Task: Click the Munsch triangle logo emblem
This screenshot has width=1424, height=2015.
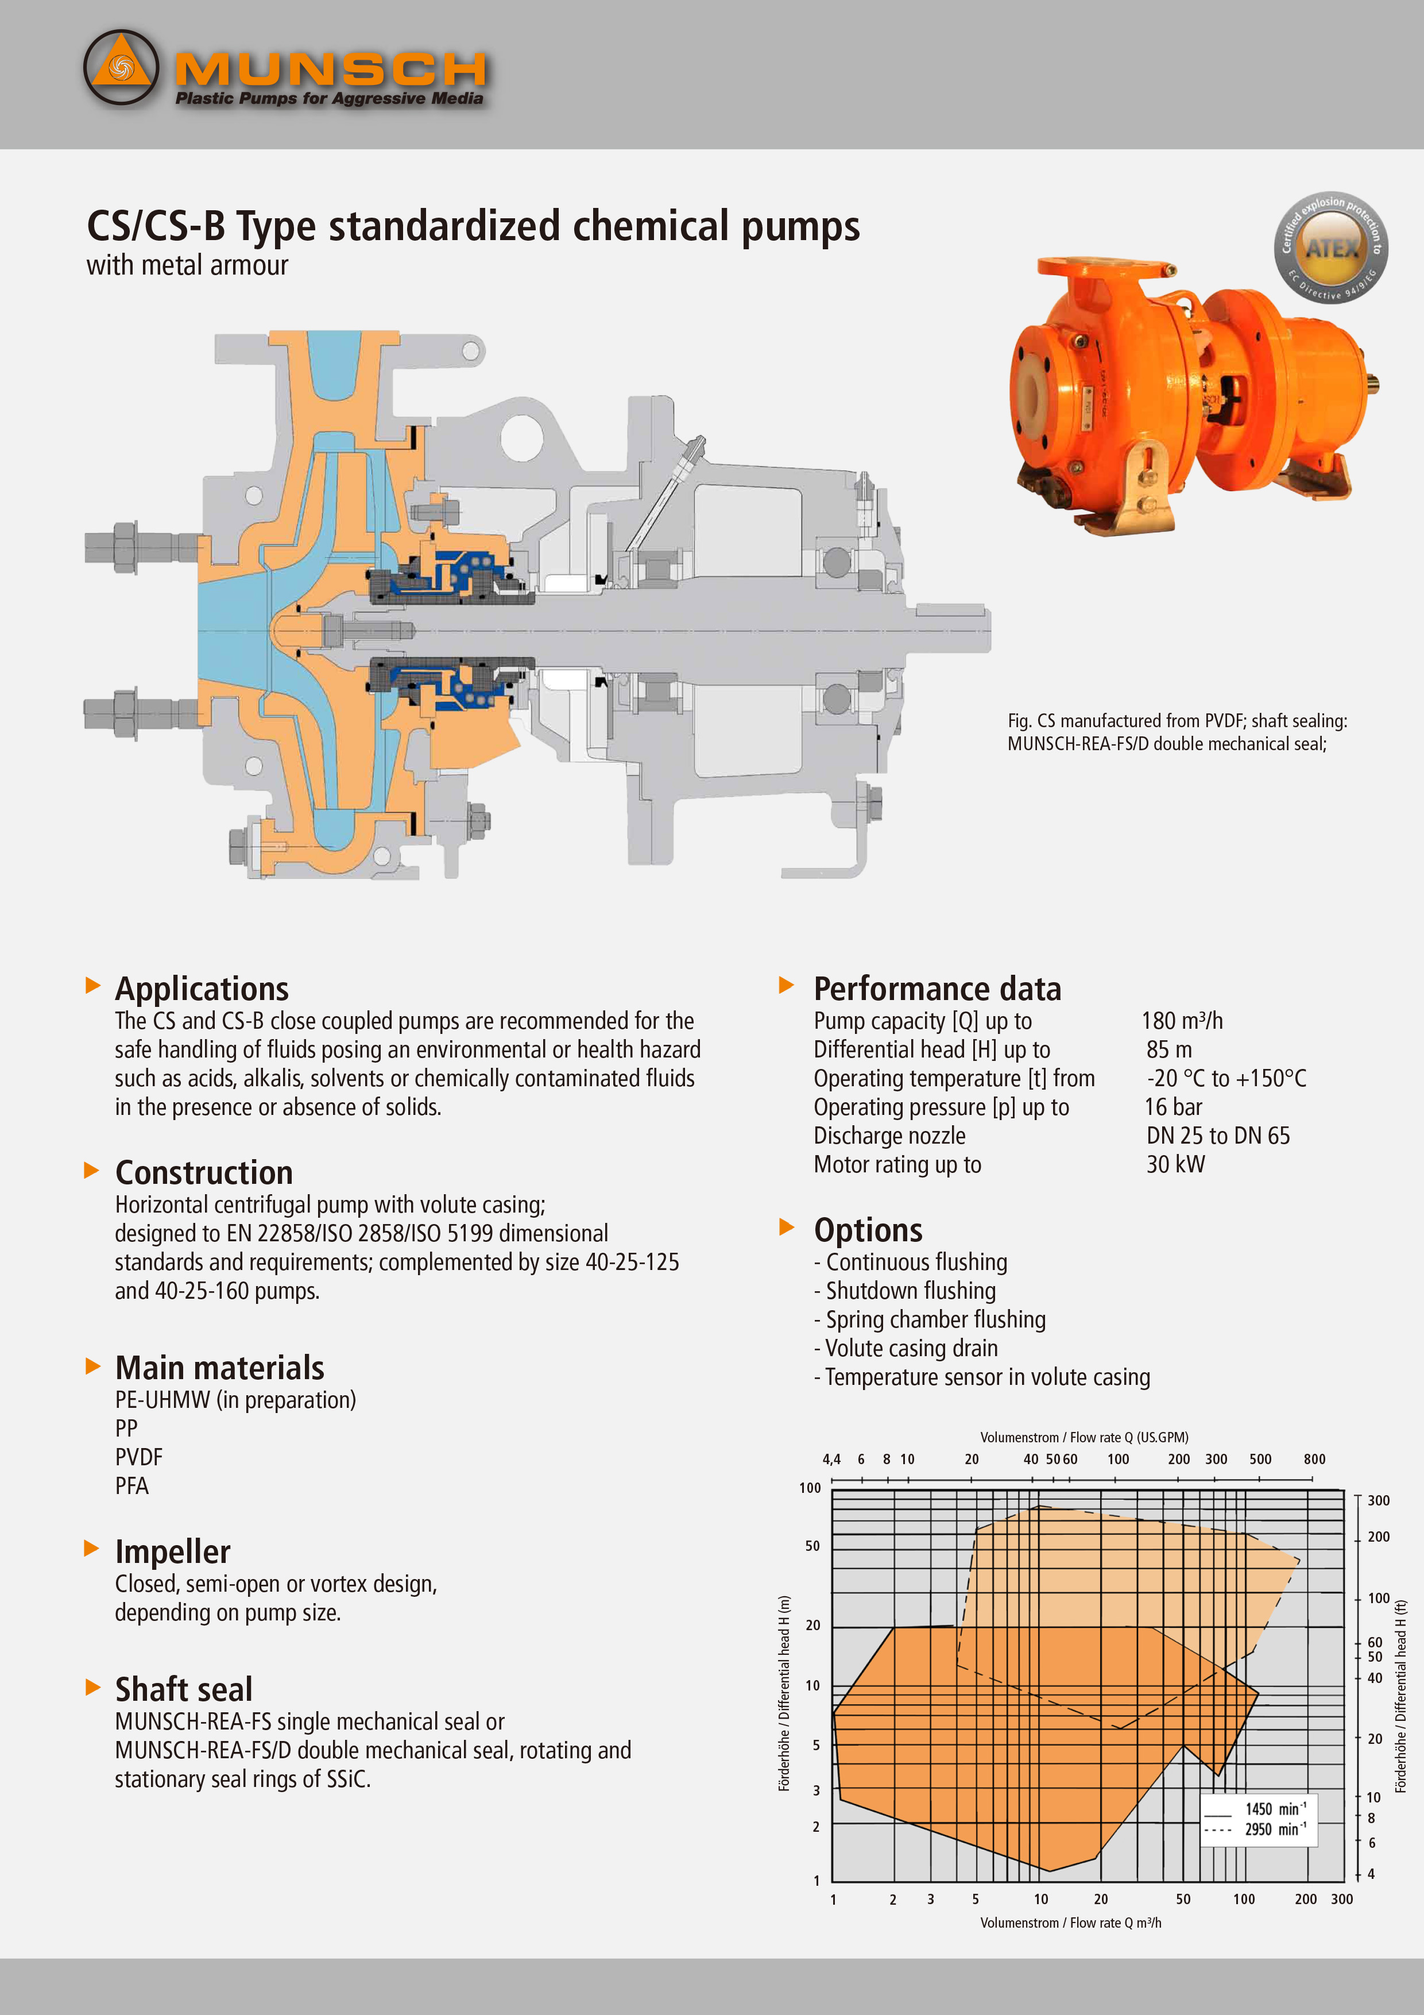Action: click(x=121, y=68)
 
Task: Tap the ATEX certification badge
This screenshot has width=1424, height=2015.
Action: click(x=1330, y=248)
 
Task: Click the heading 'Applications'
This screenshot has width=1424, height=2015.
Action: click(x=202, y=989)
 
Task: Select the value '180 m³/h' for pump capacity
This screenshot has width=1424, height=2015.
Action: click(x=1182, y=1021)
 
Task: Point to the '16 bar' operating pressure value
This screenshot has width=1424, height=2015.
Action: click(x=1173, y=1107)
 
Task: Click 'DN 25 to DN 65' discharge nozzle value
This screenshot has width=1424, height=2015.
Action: click(x=1218, y=1136)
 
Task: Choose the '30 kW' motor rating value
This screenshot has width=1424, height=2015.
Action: click(x=1176, y=1164)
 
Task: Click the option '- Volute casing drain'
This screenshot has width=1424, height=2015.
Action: click(x=906, y=1348)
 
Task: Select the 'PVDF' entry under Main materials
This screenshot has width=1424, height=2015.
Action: click(x=138, y=1457)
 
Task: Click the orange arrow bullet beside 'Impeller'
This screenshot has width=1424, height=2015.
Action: click(x=91, y=1548)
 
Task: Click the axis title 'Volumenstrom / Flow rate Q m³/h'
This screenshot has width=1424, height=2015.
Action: click(x=1070, y=1923)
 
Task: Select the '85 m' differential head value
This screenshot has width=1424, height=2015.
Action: click(x=1168, y=1049)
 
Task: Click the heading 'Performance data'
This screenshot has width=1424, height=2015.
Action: click(x=937, y=989)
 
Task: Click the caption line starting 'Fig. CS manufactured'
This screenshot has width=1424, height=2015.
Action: click(x=1177, y=720)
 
